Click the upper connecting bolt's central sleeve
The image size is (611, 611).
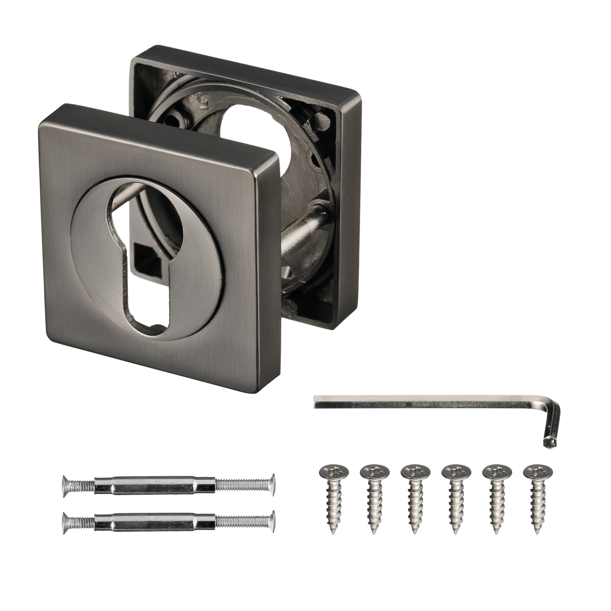[155, 486]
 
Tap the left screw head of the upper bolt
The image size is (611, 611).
[65, 486]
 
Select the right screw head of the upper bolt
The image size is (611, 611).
[272, 486]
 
